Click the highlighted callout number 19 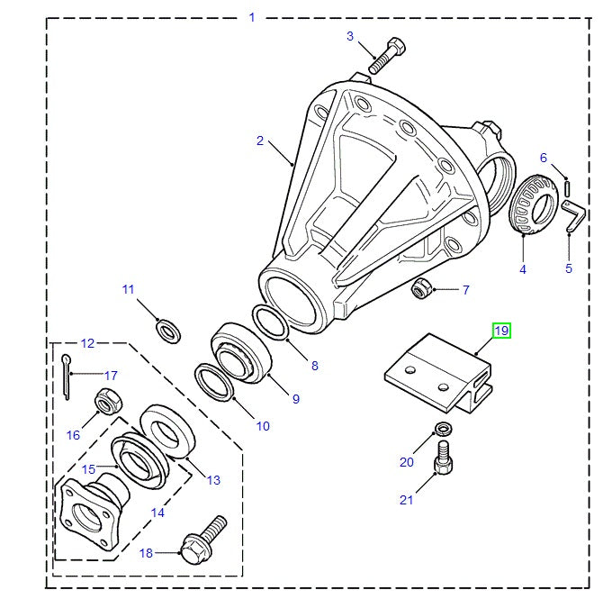[x=500, y=331]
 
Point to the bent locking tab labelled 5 [x=573, y=215]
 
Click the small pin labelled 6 [x=568, y=186]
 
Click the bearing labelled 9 [x=240, y=353]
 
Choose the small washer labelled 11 [x=167, y=330]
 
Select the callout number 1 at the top [x=252, y=17]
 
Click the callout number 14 [x=157, y=513]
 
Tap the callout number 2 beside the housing [x=260, y=141]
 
